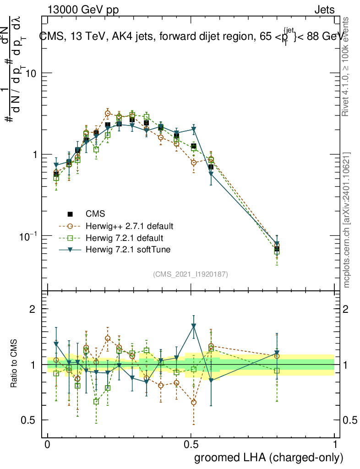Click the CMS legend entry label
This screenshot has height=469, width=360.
95,213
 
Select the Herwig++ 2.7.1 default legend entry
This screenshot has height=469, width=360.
129,226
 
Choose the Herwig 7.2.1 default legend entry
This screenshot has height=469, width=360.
124,238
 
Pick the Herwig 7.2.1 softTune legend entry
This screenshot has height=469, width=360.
127,250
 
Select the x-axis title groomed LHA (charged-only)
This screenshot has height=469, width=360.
269,458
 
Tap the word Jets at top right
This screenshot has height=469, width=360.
324,10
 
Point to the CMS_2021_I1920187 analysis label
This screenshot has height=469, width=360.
191,274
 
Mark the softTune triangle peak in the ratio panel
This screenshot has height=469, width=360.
194,326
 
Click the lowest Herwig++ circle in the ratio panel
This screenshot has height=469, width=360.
194,402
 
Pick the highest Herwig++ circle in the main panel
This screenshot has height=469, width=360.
108,113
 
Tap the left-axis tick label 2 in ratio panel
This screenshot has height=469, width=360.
33,309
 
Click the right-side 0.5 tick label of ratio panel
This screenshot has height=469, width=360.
349,420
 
